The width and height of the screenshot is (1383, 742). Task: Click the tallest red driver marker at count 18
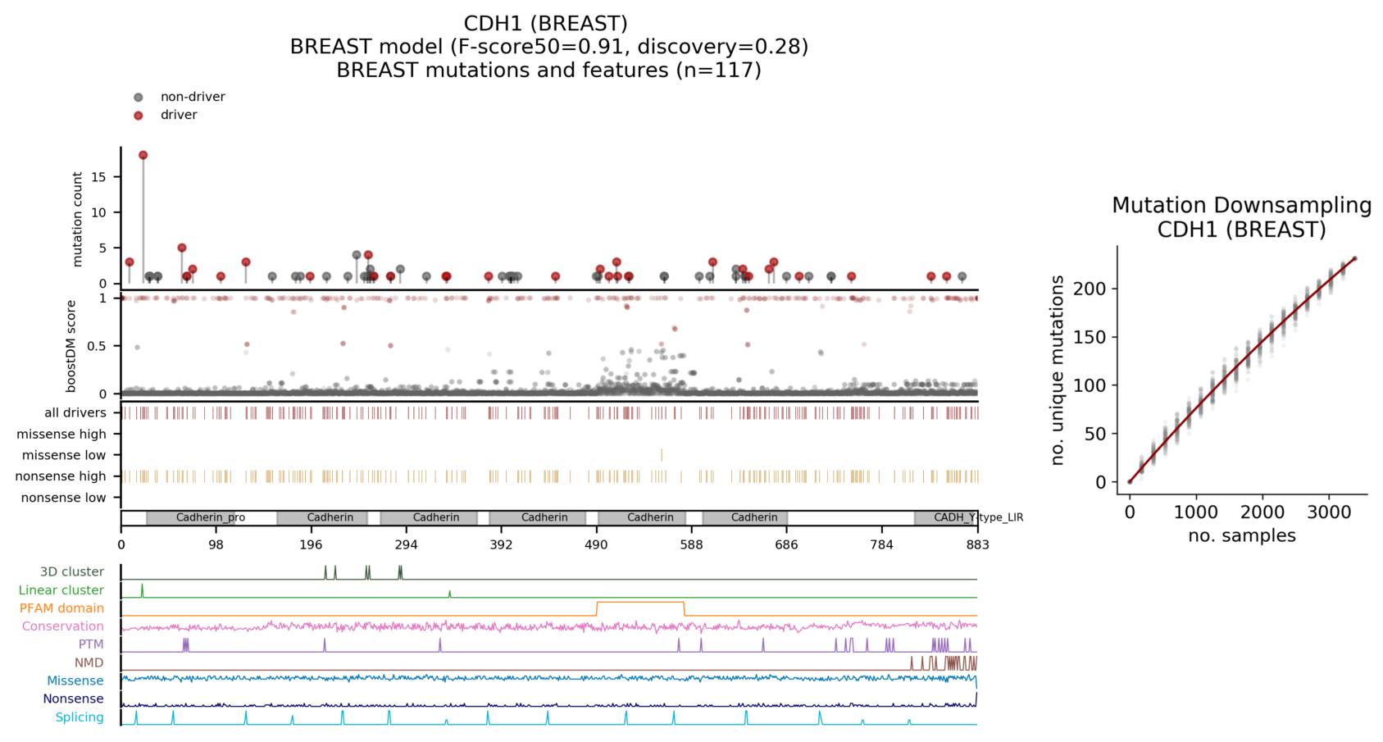143,155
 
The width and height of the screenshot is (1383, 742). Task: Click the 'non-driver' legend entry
192,97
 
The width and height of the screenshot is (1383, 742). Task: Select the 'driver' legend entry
178,115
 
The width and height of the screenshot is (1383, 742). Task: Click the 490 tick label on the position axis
596,545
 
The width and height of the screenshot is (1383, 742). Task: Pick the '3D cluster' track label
72,571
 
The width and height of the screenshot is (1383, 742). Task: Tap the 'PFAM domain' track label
61,608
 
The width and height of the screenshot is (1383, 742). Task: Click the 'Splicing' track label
80,717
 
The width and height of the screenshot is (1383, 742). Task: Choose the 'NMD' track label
89,662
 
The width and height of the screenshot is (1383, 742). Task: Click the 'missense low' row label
64,455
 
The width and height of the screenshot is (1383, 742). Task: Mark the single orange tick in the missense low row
662,455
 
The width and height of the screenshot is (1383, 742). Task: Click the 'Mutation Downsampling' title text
1241,206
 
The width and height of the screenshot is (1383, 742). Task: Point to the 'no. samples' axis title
1241,536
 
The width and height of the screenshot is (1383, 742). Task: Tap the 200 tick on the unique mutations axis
1094,289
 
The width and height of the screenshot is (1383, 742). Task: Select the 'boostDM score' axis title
71,346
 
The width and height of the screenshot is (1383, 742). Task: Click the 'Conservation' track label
63,626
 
